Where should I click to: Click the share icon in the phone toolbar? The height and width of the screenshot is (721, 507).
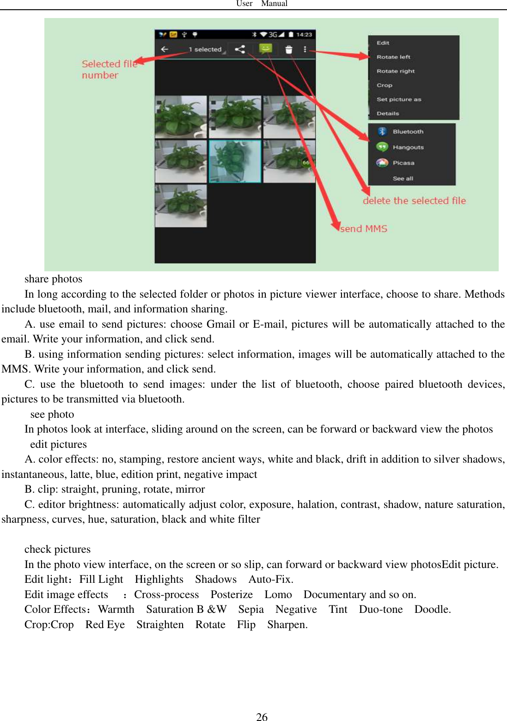[240, 49]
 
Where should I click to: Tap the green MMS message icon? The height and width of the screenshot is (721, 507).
[265, 49]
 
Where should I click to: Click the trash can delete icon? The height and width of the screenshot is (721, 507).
[289, 49]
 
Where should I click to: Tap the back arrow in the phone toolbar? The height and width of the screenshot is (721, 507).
[165, 49]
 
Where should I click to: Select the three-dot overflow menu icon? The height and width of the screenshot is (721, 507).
[305, 49]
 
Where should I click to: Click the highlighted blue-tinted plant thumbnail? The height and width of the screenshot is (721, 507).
[235, 161]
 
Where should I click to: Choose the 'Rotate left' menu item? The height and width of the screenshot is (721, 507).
[393, 57]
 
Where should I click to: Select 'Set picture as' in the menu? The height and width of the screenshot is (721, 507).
[398, 99]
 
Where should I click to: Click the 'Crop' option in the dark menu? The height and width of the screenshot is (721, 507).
[384, 85]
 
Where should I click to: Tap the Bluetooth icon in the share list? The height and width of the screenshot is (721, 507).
[382, 132]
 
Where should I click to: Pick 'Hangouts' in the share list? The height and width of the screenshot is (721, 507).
[408, 147]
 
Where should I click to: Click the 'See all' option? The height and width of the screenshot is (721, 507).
[403, 178]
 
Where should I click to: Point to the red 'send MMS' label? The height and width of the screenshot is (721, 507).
[364, 229]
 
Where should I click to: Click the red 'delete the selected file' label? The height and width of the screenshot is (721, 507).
[414, 201]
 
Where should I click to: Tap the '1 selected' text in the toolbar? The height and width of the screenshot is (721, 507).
[205, 49]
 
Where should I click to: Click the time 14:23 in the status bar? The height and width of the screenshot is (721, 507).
[304, 35]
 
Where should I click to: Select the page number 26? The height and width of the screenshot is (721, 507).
[262, 716]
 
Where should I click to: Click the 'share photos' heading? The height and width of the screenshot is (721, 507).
[53, 279]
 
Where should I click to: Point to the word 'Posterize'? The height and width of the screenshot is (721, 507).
[232, 594]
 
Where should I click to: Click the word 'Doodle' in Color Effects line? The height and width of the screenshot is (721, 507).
[432, 609]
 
